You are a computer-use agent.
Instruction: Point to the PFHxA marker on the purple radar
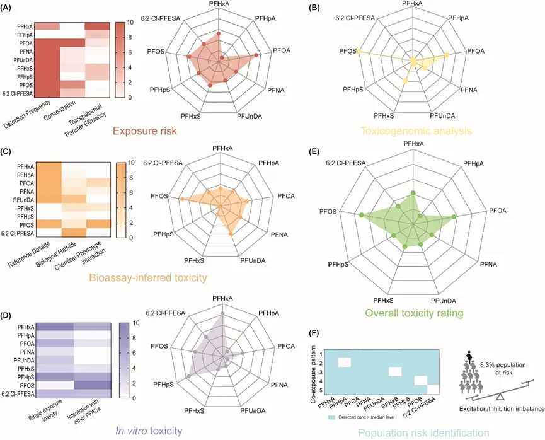point(222,313)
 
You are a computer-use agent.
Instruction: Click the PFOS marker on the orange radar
point(182,199)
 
